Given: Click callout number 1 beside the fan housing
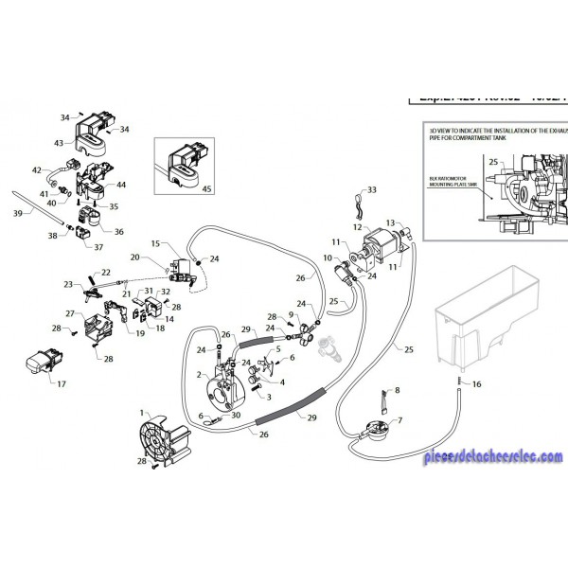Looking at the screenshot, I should tap(143, 413).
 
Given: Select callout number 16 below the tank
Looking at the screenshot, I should tap(477, 384).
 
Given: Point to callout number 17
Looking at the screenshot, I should tap(62, 384).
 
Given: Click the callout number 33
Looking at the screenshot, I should tap(372, 190).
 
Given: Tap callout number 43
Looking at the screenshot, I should tap(59, 143).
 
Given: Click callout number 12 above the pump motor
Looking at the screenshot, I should tap(357, 227).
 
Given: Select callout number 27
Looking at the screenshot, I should tap(70, 312).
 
